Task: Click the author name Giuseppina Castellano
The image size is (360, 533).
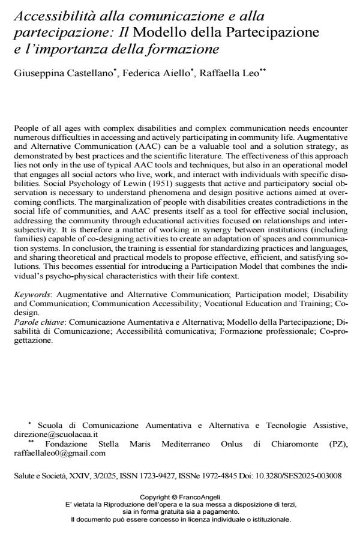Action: point(53,73)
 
